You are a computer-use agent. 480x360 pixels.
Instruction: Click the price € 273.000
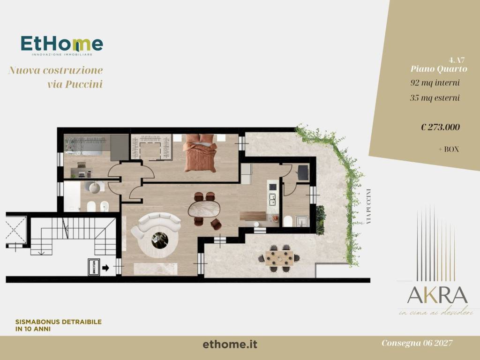coord(440,127)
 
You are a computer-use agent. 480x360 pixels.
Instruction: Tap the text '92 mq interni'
coord(435,82)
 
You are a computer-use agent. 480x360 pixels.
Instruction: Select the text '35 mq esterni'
coord(435,98)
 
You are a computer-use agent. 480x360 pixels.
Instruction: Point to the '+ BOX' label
coord(448,149)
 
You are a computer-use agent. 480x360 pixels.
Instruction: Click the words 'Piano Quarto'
coord(439,68)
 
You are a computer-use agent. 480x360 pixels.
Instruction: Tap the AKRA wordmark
coord(437,295)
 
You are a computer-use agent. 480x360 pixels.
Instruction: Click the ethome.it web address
coord(230,345)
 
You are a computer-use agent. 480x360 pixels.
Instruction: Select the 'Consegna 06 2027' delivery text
coord(417,343)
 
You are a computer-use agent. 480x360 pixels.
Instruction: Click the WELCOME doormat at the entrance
coord(93,267)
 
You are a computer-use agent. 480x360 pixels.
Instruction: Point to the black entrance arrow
coord(106,268)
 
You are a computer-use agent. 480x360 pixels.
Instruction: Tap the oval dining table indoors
coord(204,209)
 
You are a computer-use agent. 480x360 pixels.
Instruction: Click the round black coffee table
coord(159,240)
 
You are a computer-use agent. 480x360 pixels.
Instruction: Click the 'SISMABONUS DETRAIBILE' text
coord(59,322)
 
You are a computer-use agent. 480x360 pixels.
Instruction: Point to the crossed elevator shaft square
coord(16,230)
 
